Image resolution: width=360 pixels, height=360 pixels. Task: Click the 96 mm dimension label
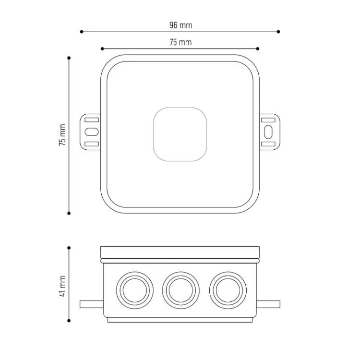(180, 25)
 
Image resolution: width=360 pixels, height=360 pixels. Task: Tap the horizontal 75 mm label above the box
(180, 42)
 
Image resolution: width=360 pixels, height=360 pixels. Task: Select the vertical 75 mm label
(62, 135)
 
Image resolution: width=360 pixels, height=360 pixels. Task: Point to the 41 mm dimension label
(62, 286)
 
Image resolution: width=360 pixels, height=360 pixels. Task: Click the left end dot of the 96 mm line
(82, 32)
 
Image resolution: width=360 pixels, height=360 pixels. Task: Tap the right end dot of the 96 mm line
(278, 32)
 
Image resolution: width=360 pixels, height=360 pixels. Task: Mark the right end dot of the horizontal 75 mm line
(258, 48)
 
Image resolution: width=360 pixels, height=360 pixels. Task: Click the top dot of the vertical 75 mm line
(69, 58)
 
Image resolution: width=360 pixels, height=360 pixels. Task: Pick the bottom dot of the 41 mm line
(69, 321)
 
